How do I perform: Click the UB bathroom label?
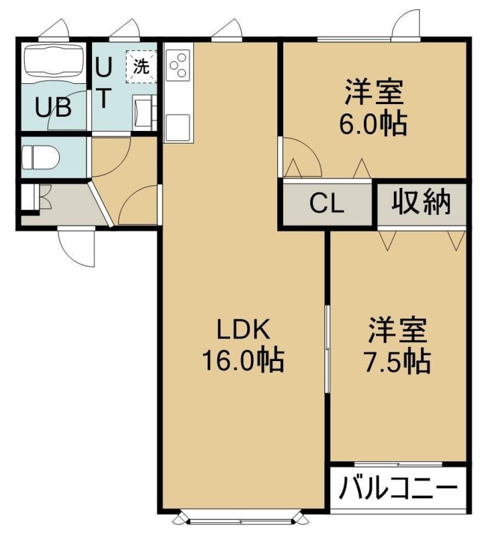click(54, 107)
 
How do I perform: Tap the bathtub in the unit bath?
click(54, 60)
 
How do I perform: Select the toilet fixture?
click(40, 157)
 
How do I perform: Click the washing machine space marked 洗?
click(141, 66)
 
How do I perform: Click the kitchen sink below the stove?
click(178, 126)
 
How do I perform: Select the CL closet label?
click(326, 204)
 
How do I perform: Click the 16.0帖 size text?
click(243, 360)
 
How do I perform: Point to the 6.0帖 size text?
click(373, 123)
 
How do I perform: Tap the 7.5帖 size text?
click(397, 361)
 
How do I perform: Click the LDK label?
click(243, 330)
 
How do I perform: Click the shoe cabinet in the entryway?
click(29, 197)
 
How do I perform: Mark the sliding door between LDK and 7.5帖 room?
click(328, 348)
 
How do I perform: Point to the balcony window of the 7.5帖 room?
click(398, 465)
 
